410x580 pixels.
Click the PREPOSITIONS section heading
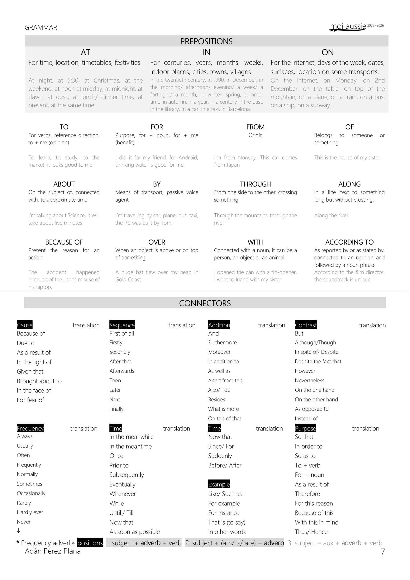coord(206,41)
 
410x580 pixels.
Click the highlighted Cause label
coord(25,325)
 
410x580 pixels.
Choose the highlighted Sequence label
coord(122,325)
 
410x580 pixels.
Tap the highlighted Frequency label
coord(30,428)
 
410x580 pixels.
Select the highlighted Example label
coord(219,484)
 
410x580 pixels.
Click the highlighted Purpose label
coord(305,428)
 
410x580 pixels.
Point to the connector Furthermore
coord(222,343)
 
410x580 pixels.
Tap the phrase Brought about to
coord(39,381)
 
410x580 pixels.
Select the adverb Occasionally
coord(31,493)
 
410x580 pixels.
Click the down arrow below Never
coord(18,531)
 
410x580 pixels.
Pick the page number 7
coord(383,551)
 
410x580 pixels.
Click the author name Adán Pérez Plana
coord(53,551)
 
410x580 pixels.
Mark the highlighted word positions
coord(90,543)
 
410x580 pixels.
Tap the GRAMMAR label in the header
coord(41,27)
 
